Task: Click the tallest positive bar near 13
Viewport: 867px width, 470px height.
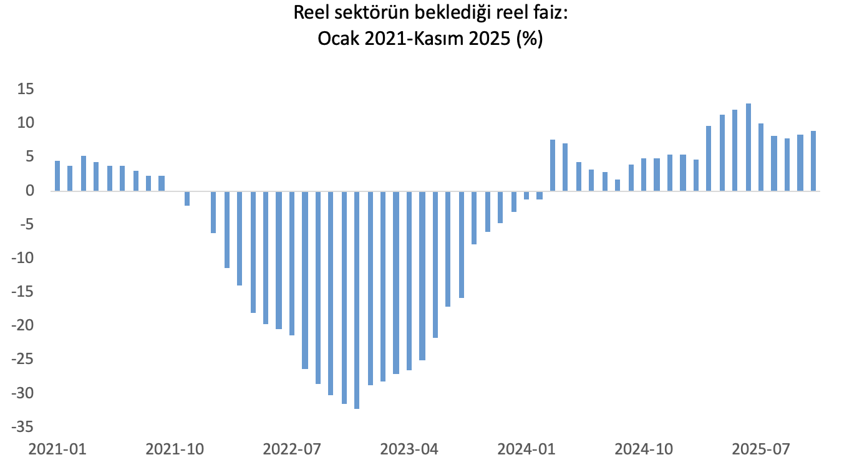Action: pyautogui.click(x=748, y=147)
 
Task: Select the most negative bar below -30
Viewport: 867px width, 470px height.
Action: pyautogui.click(x=357, y=300)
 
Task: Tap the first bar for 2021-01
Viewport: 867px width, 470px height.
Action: pyautogui.click(x=57, y=176)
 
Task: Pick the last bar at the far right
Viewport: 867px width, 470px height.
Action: pyautogui.click(x=813, y=161)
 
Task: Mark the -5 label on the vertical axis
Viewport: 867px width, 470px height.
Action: pyautogui.click(x=24, y=224)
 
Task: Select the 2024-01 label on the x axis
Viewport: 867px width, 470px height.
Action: pyautogui.click(x=526, y=449)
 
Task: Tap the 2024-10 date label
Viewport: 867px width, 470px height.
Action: pyautogui.click(x=644, y=449)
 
